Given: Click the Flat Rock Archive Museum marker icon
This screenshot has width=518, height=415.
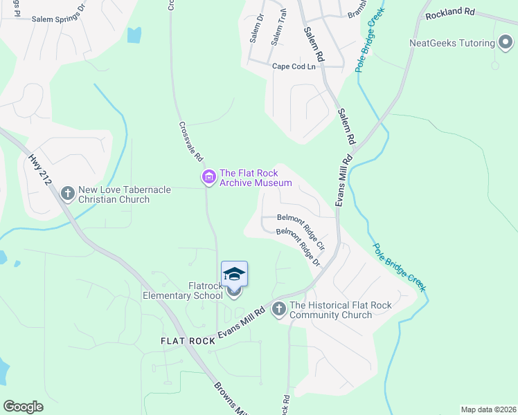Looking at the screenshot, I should coord(208,178).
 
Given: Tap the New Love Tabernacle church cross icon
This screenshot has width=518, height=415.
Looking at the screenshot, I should coord(68,193).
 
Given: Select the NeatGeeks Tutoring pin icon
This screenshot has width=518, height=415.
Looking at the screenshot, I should coord(506,44).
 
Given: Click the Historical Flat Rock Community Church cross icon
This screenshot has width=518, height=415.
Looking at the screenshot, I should coord(279,308).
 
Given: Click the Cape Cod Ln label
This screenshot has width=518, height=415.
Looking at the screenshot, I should coord(294,66).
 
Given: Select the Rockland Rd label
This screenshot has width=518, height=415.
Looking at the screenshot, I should coord(450,12).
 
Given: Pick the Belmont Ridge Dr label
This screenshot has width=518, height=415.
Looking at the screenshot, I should coord(298,248).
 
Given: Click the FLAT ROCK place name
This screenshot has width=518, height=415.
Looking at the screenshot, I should coord(188,341).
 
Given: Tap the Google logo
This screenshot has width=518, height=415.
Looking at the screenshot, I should coord(23,407).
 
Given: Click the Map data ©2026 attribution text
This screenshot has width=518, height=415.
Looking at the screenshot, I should coord(488,409).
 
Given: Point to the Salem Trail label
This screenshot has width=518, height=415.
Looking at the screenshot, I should coord(280,28).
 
